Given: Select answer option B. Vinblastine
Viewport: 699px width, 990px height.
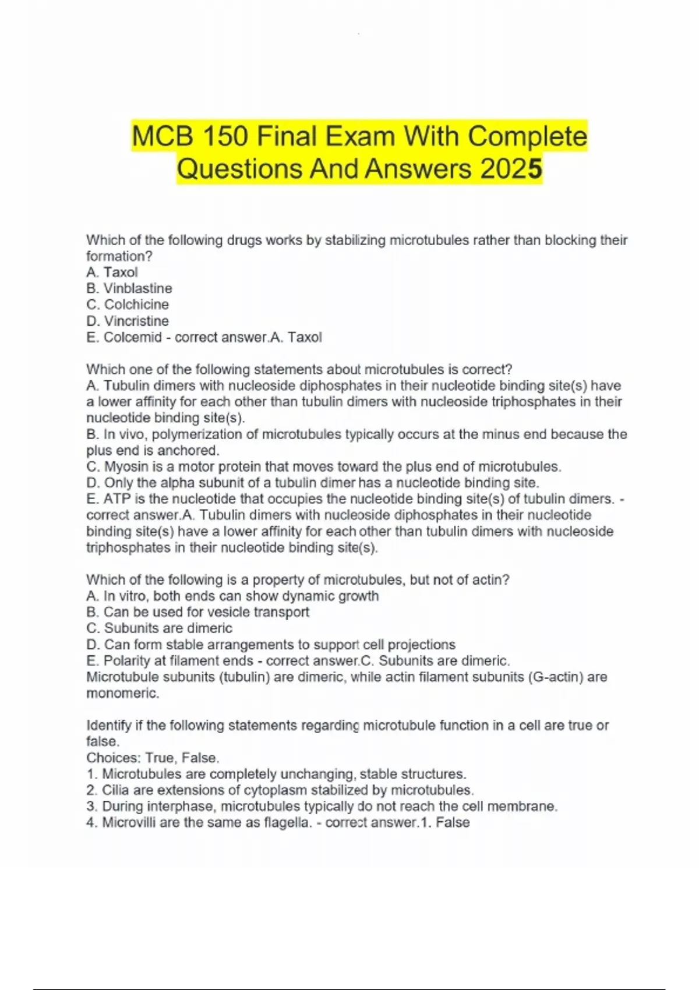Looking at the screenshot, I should (x=129, y=288).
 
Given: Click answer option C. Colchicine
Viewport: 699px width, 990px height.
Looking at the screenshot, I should (x=128, y=305).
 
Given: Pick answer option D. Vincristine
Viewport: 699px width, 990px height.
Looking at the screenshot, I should (x=128, y=321).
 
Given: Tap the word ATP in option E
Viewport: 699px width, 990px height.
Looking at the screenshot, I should (x=116, y=499).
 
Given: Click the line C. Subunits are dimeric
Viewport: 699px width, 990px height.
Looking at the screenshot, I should (x=159, y=628).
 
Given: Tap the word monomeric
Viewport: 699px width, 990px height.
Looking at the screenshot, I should (x=122, y=694).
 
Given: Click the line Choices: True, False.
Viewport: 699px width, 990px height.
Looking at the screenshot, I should (x=153, y=758).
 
